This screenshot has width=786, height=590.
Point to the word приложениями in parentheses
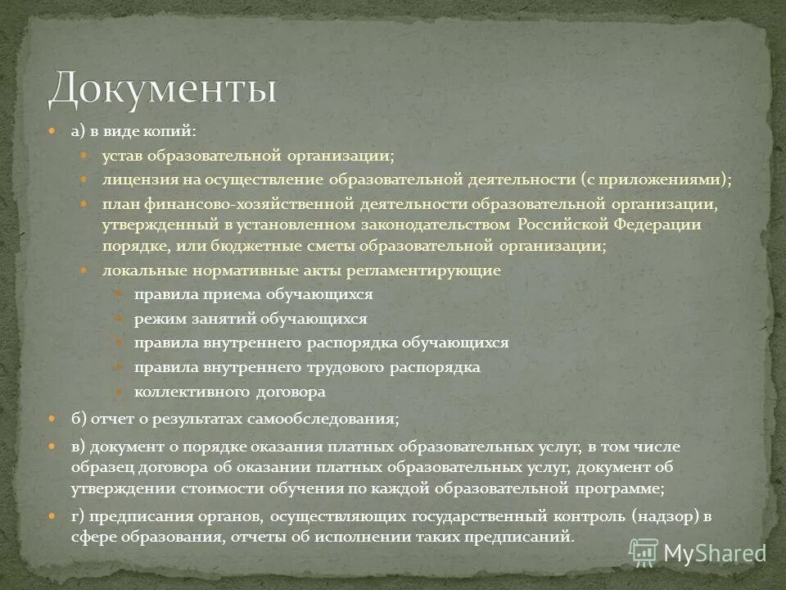point(675,179)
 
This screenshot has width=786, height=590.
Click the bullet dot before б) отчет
point(51,419)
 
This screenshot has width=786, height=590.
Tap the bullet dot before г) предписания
point(51,517)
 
